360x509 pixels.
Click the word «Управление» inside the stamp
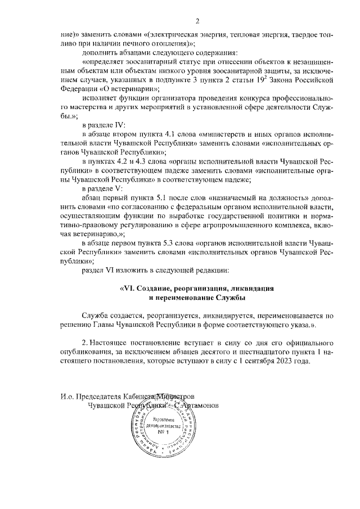point(161,420)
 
